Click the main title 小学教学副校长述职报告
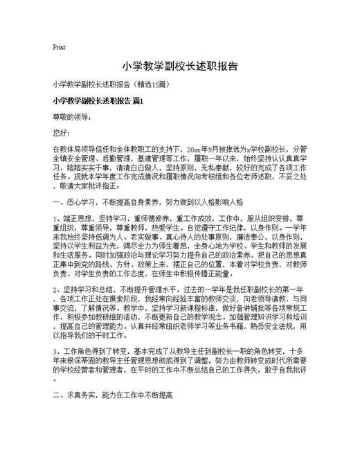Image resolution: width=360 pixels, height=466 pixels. coord(180,67)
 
